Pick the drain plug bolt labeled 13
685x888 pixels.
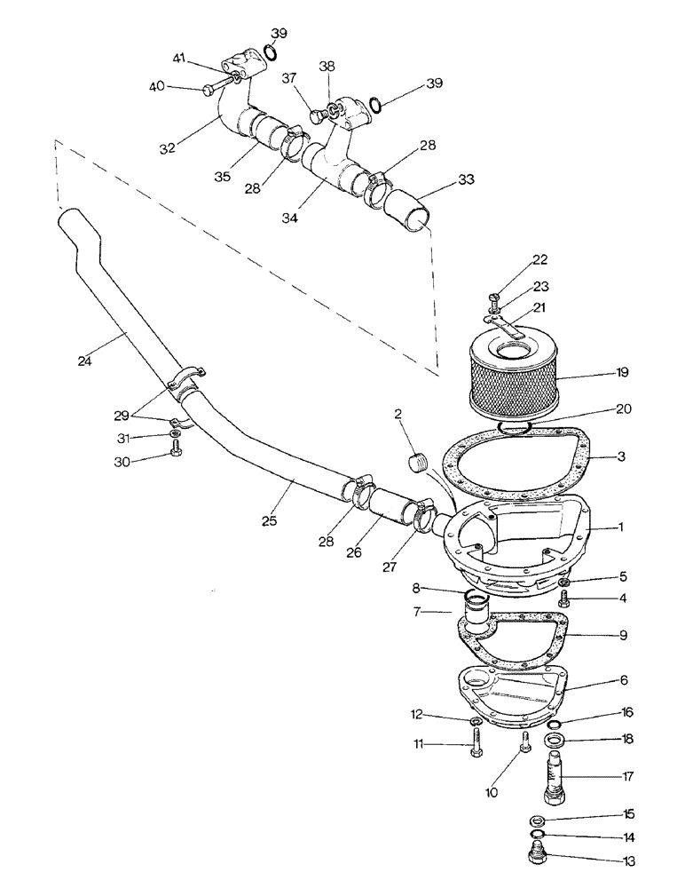coord(537,855)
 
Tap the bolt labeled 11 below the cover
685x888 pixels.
coord(476,744)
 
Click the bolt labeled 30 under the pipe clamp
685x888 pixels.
coord(177,455)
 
